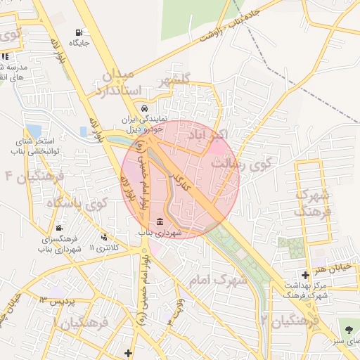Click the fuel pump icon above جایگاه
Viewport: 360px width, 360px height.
point(77,32)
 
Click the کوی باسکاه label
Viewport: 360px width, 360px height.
point(77,205)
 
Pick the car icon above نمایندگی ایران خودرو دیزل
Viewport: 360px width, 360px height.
point(144,109)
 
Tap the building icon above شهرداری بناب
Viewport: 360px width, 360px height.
point(160,222)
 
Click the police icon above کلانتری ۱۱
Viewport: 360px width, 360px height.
point(105,238)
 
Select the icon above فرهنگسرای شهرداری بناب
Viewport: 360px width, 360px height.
point(58,228)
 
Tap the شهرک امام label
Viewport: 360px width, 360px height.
point(219,281)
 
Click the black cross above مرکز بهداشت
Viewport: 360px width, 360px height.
point(304,275)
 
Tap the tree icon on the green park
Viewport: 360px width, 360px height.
point(349,328)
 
